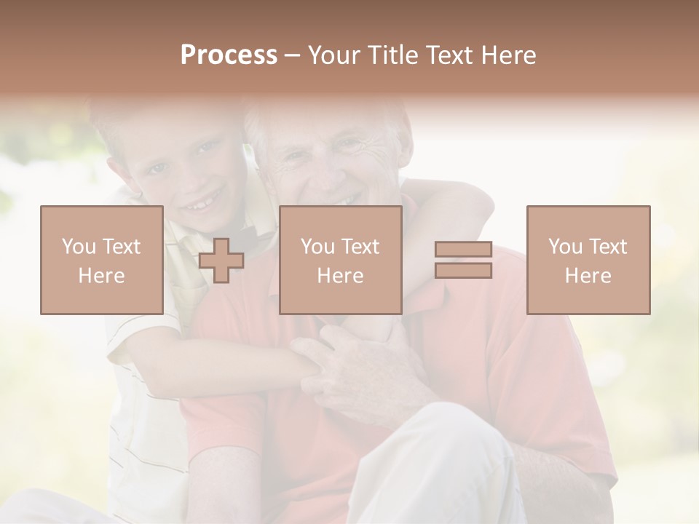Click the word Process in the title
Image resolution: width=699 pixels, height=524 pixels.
point(229,55)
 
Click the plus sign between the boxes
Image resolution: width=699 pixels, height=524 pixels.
point(221,261)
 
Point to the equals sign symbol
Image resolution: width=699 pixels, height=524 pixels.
point(463,260)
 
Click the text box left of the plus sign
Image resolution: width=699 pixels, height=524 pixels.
point(102,260)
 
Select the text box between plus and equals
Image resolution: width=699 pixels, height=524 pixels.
point(340,260)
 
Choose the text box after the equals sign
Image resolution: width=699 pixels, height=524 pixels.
point(588,260)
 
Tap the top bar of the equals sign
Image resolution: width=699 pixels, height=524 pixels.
point(463,250)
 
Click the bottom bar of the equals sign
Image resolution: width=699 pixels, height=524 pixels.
point(463,271)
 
